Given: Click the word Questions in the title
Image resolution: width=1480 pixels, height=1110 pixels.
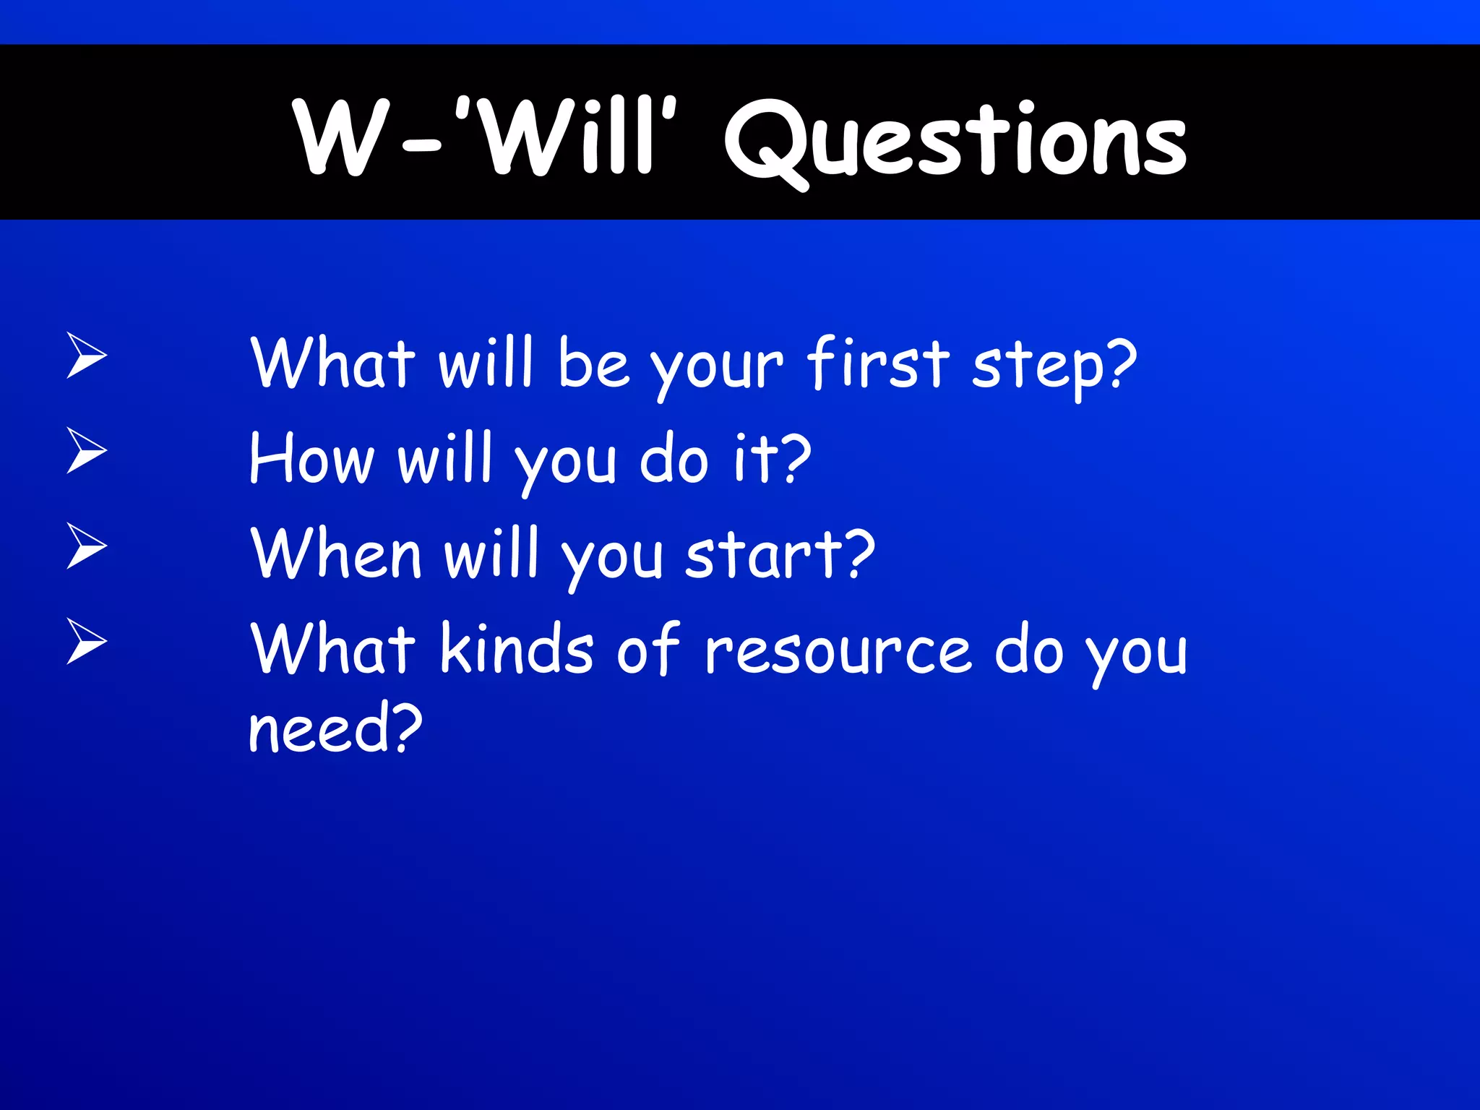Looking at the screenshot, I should pos(955,141).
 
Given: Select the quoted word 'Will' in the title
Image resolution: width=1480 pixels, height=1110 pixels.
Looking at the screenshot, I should pos(567,137).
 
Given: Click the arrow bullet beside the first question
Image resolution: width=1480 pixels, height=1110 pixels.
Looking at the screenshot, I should pos(86,355).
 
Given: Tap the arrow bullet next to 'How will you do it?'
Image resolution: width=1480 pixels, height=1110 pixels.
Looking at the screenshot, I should pos(86,450).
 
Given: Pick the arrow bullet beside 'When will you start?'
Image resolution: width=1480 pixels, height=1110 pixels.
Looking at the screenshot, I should pos(86,546).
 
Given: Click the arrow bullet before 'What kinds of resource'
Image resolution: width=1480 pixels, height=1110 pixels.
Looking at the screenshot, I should pos(86,641).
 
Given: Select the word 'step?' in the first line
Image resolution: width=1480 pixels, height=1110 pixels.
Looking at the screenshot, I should pos(1054,367).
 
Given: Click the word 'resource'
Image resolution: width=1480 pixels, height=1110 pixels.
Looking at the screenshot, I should pos(838,650).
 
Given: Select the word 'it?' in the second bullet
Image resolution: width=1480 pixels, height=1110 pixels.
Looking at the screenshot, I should pos(772,460).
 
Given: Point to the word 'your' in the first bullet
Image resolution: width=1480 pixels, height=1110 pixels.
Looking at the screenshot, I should pos(716,369).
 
